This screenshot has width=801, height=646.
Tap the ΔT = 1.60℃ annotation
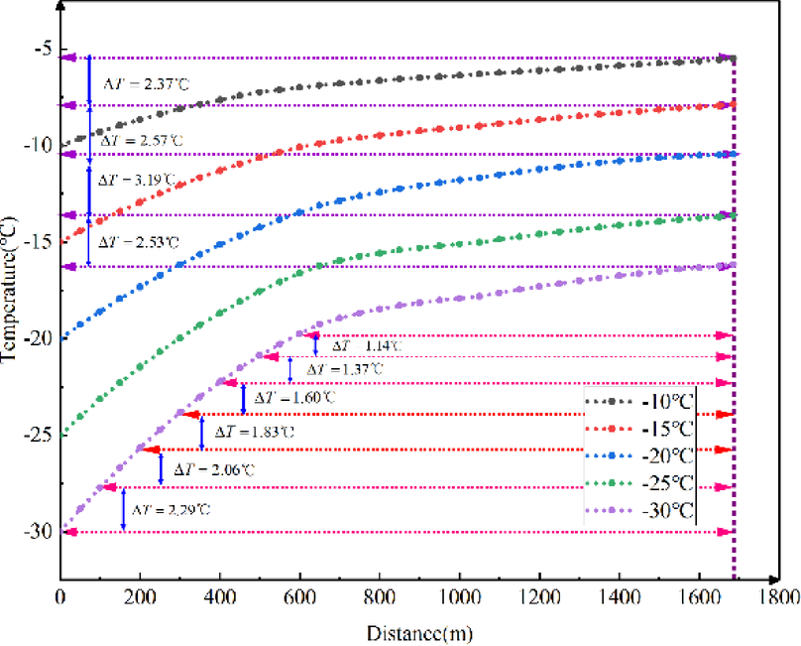pyautogui.click(x=294, y=398)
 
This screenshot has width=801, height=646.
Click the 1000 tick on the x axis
pyautogui.click(x=459, y=598)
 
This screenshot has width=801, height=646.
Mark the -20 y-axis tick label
pyautogui.click(x=36, y=337)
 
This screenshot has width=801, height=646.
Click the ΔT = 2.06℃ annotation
pyautogui.click(x=212, y=469)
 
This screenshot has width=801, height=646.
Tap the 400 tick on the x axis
pyautogui.click(x=219, y=598)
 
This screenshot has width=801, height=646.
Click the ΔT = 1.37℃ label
pyautogui.click(x=342, y=369)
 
